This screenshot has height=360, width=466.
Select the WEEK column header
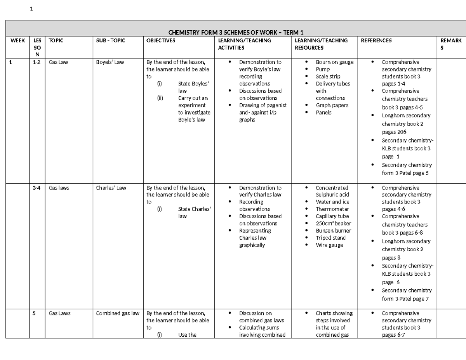tap(17, 40)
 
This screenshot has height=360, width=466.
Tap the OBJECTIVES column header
tap(160, 40)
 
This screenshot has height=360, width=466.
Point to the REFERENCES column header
tap(376, 40)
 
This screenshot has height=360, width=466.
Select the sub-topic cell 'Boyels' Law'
tap(110, 62)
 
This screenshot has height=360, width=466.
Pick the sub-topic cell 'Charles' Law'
tap(111, 188)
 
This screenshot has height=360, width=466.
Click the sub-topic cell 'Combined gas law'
tap(117, 313)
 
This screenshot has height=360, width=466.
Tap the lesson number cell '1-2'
tap(37, 62)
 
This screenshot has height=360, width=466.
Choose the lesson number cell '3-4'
tap(37, 188)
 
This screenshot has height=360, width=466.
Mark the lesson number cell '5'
tap(34, 313)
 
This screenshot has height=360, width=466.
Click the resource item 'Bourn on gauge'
tap(334, 62)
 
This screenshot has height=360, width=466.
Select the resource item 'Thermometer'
tap(332, 209)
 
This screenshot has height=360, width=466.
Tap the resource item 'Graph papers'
tap(332, 105)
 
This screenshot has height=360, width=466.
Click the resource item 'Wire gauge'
tap(329, 245)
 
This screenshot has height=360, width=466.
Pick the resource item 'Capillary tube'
tap(332, 216)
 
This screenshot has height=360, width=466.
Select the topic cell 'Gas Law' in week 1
tap(58, 62)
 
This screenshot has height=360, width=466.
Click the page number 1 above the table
tap(31, 10)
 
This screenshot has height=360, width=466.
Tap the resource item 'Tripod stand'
tap(330, 238)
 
